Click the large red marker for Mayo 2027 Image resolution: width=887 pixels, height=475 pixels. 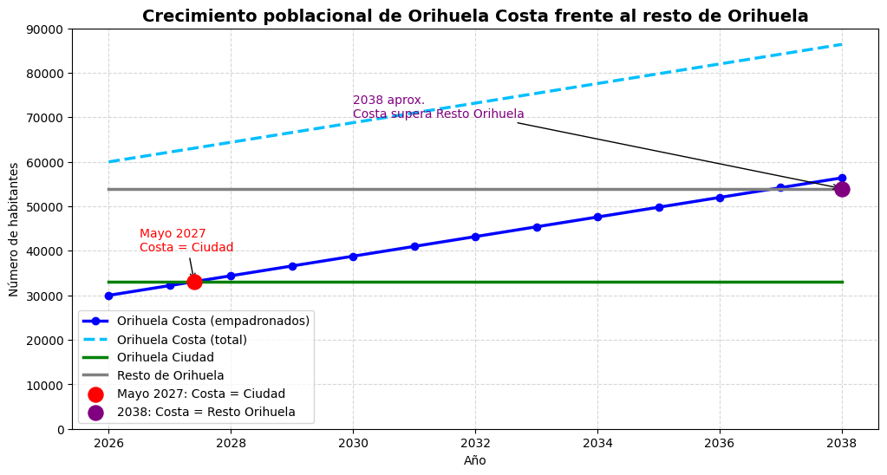tap(194, 282)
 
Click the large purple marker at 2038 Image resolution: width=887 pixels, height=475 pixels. tap(842, 189)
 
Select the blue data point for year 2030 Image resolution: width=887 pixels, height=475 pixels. tap(353, 257)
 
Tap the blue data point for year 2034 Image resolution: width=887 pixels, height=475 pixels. tap(597, 217)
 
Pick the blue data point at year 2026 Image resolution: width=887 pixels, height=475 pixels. tap(108, 296)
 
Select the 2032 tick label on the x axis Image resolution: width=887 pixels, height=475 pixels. tap(475, 444)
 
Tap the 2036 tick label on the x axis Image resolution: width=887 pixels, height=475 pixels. tap(720, 444)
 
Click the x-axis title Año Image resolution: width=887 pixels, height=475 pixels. tap(475, 461)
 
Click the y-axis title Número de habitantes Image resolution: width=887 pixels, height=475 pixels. tap(14, 229)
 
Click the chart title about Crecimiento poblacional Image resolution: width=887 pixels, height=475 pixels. tap(475, 16)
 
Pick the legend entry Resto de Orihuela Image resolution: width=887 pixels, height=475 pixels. tap(170, 375)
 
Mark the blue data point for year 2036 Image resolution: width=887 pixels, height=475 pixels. tap(720, 198)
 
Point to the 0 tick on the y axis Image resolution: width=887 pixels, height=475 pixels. tap(61, 429)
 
